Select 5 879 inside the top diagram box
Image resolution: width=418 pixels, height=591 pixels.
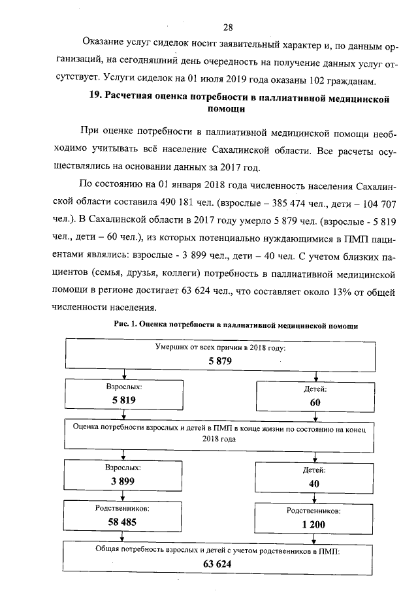[x=220, y=360]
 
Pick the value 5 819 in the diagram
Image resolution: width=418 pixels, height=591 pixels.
[x=123, y=400]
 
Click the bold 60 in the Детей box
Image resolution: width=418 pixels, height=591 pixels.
[x=315, y=403]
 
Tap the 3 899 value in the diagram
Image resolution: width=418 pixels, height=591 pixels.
[x=123, y=481]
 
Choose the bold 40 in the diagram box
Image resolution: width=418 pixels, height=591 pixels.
[x=315, y=483]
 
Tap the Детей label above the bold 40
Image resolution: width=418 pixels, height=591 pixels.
[x=315, y=470]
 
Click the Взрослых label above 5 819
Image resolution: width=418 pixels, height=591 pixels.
[x=123, y=387]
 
